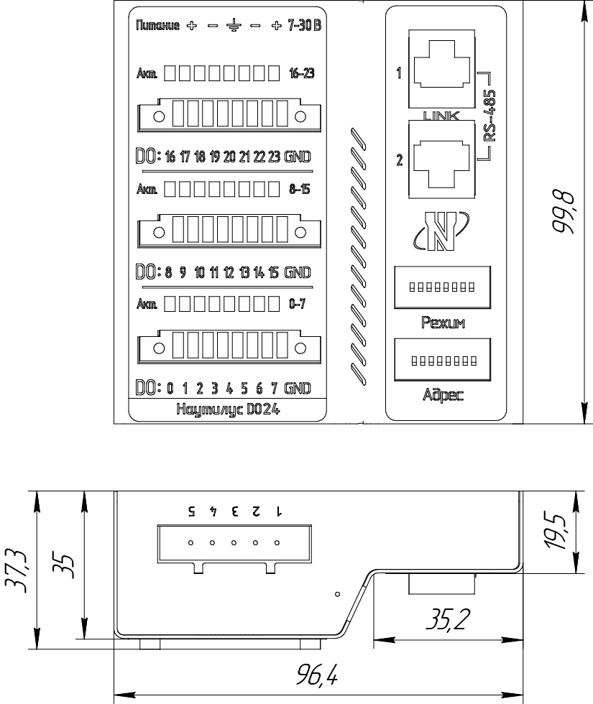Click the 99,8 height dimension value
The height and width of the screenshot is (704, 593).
[x=564, y=212]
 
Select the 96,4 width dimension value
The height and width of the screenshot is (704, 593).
[x=317, y=675]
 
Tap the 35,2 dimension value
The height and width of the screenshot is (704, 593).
[x=448, y=619]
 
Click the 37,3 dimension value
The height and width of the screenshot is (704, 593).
[x=17, y=570]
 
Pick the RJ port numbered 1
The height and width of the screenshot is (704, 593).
[x=441, y=69]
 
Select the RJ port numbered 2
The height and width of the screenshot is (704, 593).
[x=441, y=159]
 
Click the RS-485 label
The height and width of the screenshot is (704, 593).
[x=490, y=116]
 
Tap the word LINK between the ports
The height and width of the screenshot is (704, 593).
[x=441, y=116]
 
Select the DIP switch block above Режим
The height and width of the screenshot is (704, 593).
[x=443, y=287]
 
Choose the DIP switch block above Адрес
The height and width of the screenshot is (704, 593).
[x=443, y=360]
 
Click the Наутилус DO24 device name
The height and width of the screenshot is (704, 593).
[x=229, y=409]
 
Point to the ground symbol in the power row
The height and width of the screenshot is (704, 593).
[x=234, y=26]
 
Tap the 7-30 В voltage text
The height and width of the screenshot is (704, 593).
[x=305, y=26]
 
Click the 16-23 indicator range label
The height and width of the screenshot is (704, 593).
[x=302, y=73]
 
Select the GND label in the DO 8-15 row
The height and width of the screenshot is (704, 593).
[x=298, y=272]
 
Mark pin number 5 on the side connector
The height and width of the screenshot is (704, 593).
[x=192, y=511]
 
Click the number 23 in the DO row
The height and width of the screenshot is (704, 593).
[x=274, y=157]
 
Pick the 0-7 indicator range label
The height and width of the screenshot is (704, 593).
[x=298, y=305]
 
